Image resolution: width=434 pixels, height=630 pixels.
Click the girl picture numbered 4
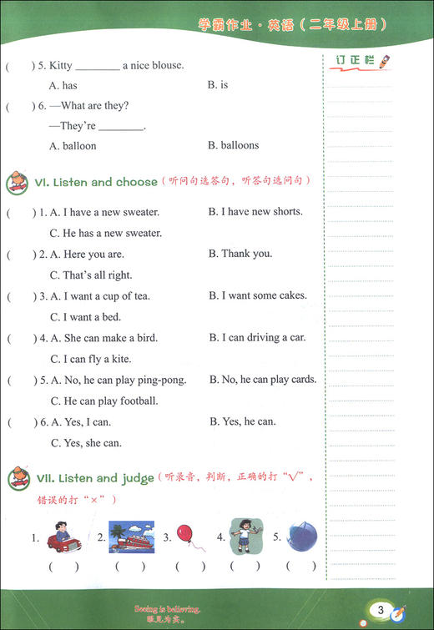(244, 536)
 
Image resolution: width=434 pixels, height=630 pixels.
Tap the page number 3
(380, 612)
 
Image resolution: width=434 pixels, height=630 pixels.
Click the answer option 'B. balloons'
(233, 145)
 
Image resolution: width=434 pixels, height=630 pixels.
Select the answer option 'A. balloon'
(73, 146)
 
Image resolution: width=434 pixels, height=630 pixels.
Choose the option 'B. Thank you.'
(240, 254)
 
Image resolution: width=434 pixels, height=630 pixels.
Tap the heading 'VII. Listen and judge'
(94, 478)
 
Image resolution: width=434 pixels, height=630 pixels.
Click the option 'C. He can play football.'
(106, 401)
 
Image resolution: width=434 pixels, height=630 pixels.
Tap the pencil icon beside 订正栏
(383, 61)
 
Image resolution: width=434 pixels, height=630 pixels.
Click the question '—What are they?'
(89, 106)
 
